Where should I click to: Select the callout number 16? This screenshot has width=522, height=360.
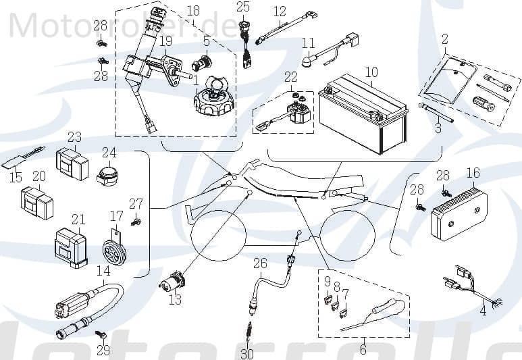click(473, 173)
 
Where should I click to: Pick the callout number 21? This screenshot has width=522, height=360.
click(78, 220)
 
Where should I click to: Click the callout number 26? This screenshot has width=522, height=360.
click(261, 263)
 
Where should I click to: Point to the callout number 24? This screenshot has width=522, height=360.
click(109, 153)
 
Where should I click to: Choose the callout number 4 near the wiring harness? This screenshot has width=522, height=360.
click(483, 311)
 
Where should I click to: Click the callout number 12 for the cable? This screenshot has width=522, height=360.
click(280, 11)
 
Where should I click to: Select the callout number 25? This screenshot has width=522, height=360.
click(243, 7)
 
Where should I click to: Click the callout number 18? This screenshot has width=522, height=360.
click(193, 11)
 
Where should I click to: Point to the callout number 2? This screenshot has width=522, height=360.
click(444, 39)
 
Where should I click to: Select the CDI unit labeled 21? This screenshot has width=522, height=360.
click(71, 245)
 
